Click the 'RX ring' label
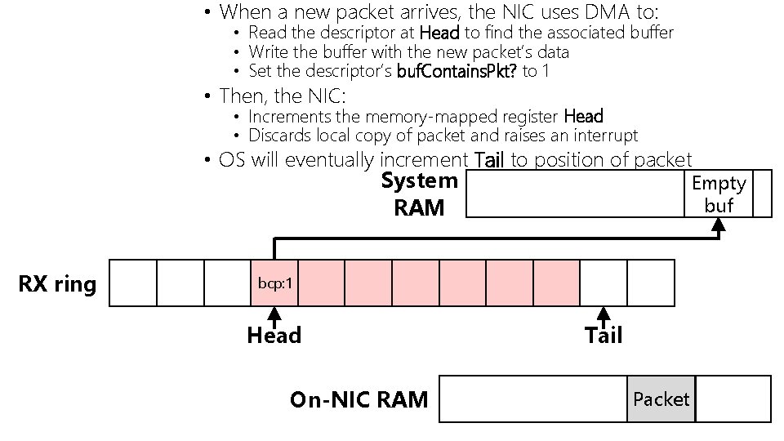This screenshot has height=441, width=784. [x=57, y=284]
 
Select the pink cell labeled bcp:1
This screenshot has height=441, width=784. [x=275, y=283]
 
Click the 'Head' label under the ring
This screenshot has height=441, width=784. [x=274, y=336]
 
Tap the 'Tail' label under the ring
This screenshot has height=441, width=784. [x=604, y=336]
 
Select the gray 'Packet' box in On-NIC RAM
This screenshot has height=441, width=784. [x=661, y=399]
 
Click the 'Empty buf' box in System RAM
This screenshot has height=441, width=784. [x=718, y=194]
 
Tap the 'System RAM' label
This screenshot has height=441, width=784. [x=420, y=194]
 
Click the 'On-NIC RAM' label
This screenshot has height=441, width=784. [x=359, y=399]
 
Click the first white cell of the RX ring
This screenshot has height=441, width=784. [x=132, y=283]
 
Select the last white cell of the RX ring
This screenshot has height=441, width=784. [x=651, y=283]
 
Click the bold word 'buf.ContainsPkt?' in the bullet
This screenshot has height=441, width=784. [x=457, y=71]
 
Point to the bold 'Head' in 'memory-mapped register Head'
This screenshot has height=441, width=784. [x=583, y=117]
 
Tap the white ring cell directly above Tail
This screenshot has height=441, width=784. [x=604, y=283]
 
